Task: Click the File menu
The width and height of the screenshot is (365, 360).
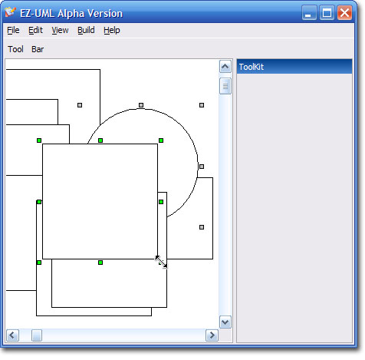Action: (13, 30)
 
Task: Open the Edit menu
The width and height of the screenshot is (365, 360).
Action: (35, 30)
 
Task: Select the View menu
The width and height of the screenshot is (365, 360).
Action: (60, 30)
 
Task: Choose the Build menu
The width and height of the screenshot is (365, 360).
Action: (86, 30)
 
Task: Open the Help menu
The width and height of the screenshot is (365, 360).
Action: (112, 31)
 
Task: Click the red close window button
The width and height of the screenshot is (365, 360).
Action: (344, 12)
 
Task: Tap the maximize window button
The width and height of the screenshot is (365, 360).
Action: (327, 12)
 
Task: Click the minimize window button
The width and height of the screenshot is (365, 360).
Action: (309, 12)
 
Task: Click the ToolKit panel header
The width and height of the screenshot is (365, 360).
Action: (294, 67)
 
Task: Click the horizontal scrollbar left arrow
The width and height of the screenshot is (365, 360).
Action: (12, 335)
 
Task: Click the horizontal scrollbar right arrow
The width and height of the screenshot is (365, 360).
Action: (212, 335)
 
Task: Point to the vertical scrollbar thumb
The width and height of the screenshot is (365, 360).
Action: (225, 86)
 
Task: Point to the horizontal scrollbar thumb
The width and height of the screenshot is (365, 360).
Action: (37, 335)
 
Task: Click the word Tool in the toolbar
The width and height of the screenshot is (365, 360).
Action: (15, 49)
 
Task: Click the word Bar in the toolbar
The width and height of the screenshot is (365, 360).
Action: (38, 49)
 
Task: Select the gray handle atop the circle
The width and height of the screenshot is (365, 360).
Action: (141, 105)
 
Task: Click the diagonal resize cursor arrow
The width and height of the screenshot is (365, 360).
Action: (161, 262)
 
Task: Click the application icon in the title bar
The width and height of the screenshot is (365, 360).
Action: (11, 12)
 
